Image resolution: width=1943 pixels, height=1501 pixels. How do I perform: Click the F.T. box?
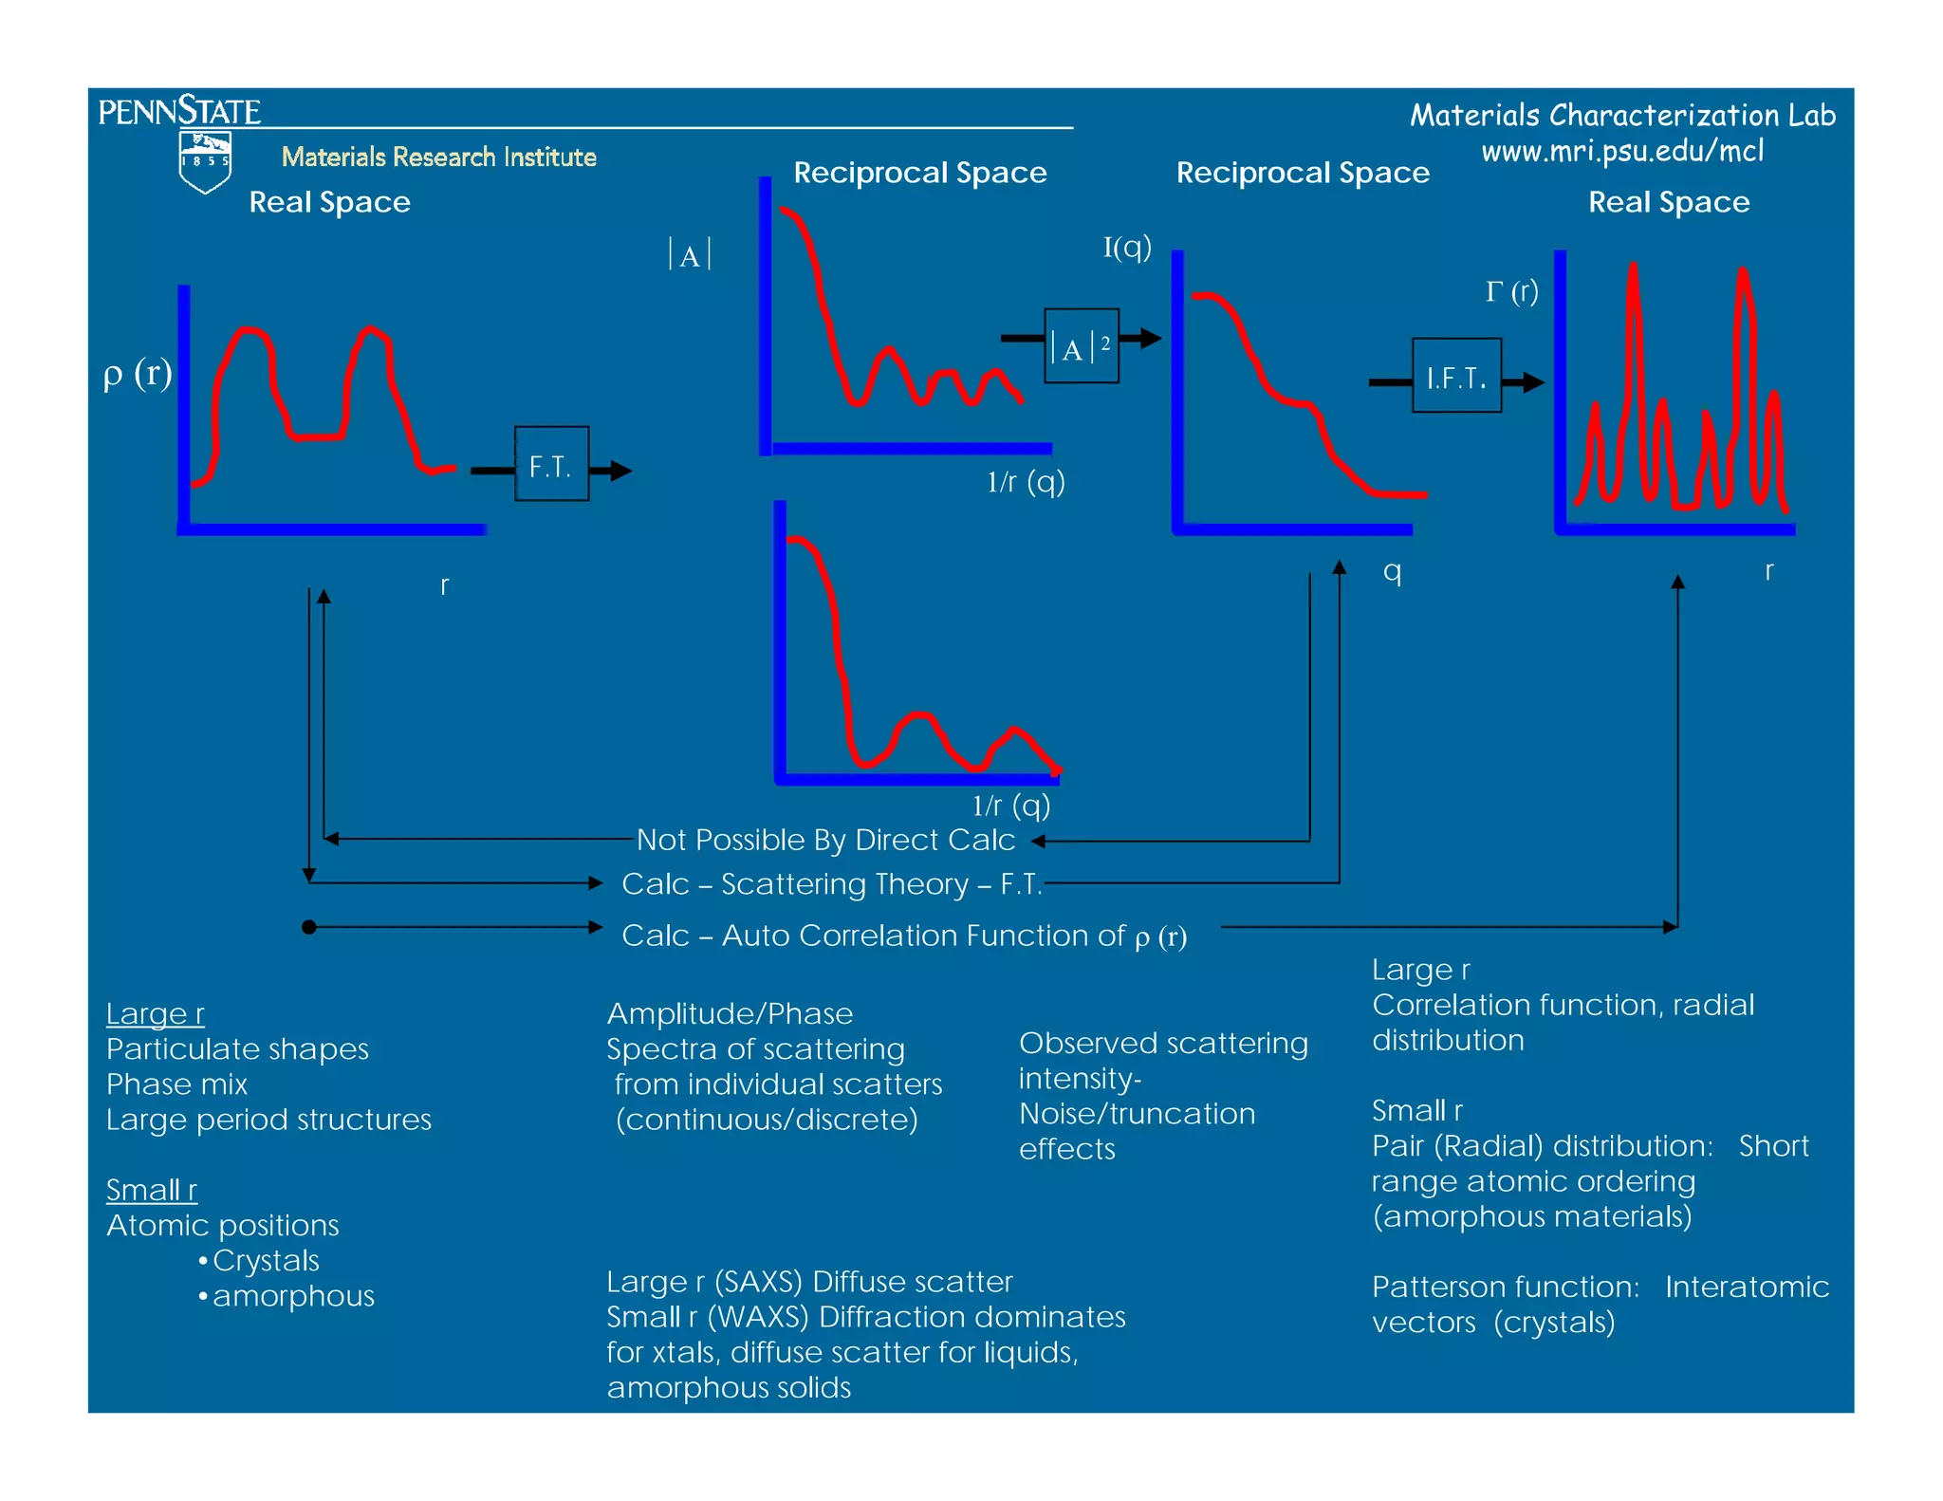coord(551,464)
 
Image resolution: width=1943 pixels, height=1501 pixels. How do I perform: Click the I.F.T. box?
coord(1456,376)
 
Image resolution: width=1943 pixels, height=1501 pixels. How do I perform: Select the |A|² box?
coord(1081,346)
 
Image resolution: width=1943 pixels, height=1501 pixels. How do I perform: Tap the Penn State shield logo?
coord(205,161)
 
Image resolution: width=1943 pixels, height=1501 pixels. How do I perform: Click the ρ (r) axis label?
coord(138,374)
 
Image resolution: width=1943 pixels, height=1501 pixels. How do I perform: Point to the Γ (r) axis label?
coord(1511,291)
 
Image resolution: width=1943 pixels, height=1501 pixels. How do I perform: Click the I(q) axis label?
coord(1127,248)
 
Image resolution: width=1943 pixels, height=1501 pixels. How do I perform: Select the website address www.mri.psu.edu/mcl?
coord(1622,151)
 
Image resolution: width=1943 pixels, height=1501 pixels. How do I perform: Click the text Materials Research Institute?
coord(438,157)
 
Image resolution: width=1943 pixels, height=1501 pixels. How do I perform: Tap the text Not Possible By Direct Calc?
coord(825,840)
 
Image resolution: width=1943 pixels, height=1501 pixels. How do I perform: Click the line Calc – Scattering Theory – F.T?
coord(832,884)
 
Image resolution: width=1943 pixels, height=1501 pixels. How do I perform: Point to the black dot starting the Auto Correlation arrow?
coord(309,927)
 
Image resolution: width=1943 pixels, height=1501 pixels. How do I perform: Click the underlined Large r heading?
coord(155,1014)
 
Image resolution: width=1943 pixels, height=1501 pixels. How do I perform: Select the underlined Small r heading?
coord(152,1190)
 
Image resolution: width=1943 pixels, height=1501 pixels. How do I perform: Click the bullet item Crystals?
coord(266,1261)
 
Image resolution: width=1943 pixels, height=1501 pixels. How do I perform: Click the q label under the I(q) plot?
coord(1392,571)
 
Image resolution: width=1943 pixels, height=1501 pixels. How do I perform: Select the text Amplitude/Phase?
coord(730,1014)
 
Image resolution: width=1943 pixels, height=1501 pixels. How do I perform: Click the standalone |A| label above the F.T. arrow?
coord(690,255)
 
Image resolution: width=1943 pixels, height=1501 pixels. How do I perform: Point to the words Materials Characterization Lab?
coord(1622,116)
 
